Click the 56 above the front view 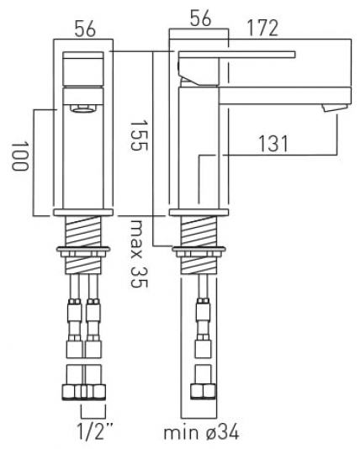pos(82,29)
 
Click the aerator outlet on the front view pos(82,108)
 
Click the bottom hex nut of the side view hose pos(202,392)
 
